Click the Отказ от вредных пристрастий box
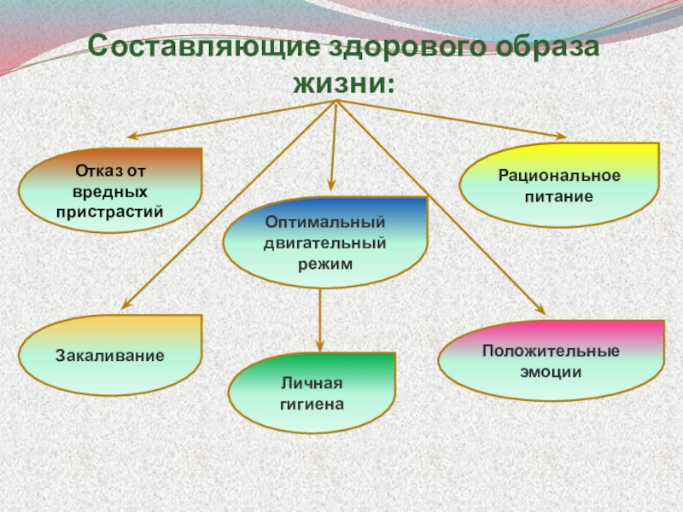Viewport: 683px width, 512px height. [110, 190]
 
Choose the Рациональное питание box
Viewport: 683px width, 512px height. [559, 184]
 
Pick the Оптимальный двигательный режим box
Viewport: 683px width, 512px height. [325, 242]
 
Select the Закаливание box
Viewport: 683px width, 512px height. [110, 354]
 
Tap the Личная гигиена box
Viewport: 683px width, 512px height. [312, 393]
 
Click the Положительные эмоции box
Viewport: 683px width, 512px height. [551, 361]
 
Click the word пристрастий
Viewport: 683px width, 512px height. [110, 209]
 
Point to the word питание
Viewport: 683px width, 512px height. [559, 195]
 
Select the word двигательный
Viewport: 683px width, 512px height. [325, 243]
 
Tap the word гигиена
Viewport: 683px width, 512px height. [312, 402]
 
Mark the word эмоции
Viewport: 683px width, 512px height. [551, 372]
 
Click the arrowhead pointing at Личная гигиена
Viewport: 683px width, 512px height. [320, 346]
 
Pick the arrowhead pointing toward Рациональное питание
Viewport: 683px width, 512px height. [561, 136]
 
